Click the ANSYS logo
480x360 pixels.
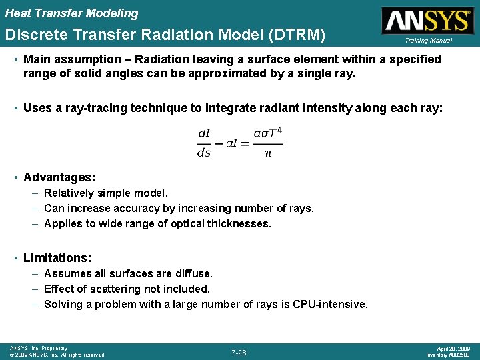[x=426, y=20]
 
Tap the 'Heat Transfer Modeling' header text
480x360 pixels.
[x=72, y=13]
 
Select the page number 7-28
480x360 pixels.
[x=239, y=352]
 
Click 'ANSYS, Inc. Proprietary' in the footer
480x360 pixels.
[x=38, y=348]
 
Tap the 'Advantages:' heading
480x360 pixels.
[x=59, y=177]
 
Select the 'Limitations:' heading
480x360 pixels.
[x=57, y=257]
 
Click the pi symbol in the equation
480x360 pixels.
[x=268, y=153]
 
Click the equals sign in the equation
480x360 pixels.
[x=244, y=143]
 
